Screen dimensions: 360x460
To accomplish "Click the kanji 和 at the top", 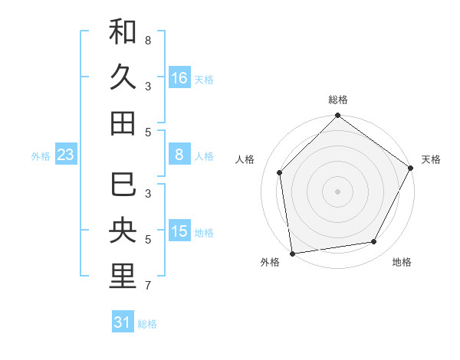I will (123, 32).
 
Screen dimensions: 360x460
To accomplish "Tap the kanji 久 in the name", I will (123, 77).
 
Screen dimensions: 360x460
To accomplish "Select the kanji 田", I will (123, 123).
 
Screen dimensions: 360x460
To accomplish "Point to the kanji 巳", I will (123, 185).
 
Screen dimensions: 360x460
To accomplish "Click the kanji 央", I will (123, 231).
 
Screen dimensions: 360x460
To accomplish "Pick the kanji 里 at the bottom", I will (123, 277).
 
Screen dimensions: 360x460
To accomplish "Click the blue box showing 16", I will (179, 77).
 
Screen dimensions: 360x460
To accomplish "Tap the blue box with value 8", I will (179, 155).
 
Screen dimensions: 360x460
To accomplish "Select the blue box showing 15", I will (179, 231).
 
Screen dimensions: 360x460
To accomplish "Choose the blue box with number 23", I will (66, 155).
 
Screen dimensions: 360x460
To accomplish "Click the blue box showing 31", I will (123, 322).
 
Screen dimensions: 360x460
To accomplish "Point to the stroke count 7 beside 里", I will (148, 286).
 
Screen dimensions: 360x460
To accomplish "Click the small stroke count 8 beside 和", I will (148, 40).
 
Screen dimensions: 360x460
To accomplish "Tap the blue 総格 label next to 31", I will (147, 324).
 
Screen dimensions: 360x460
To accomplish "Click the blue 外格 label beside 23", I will (41, 156).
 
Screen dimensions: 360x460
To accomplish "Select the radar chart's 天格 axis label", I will (431, 159).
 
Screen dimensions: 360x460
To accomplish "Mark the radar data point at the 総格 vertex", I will (337, 117).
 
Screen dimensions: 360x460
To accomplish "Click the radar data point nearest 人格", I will (280, 172).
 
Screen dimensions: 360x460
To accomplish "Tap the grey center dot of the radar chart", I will (337, 191).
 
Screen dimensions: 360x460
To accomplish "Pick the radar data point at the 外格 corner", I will (292, 253).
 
